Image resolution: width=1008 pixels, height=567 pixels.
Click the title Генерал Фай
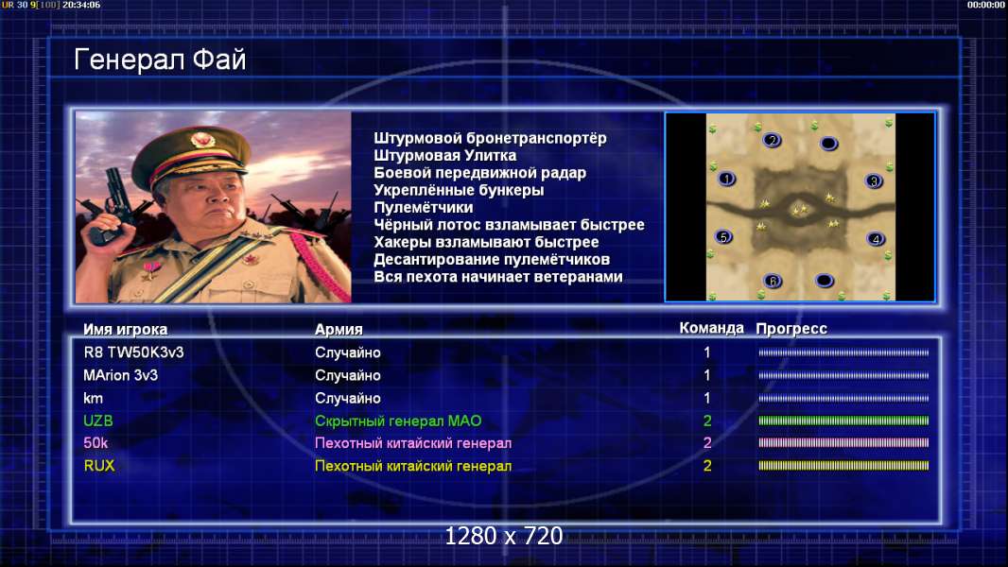160,60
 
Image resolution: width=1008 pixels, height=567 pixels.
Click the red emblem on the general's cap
202,141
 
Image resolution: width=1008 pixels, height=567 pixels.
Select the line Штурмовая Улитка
444,155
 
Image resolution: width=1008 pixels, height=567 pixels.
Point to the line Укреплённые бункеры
459,190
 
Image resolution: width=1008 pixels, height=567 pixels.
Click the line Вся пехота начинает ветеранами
498,277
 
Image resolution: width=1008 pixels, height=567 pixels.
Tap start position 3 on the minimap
873,181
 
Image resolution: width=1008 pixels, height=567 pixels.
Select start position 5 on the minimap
724,237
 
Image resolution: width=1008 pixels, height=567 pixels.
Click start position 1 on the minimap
726,179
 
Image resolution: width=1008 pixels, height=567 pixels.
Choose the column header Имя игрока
126,330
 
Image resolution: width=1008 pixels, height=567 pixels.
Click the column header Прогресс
791,329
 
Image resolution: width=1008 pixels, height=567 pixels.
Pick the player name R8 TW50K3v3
133,352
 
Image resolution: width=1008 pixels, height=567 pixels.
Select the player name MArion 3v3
120,375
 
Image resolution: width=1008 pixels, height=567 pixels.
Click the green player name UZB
98,421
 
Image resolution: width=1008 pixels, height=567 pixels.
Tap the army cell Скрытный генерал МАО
398,421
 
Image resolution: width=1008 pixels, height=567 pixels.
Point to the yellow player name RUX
99,466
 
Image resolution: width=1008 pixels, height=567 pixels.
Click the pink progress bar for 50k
843,442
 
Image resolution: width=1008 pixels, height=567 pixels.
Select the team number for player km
707,398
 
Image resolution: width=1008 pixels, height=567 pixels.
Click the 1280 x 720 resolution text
504,536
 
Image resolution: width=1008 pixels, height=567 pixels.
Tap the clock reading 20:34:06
81,5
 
